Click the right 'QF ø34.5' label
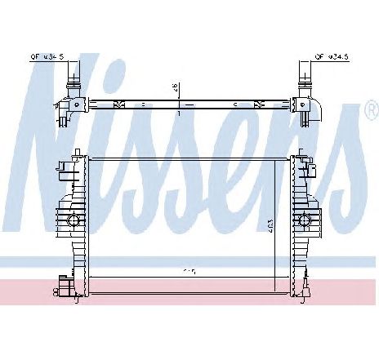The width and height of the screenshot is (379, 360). click(331, 56)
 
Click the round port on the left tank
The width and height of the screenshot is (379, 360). click(73, 220)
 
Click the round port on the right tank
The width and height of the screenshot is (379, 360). click(305, 220)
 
